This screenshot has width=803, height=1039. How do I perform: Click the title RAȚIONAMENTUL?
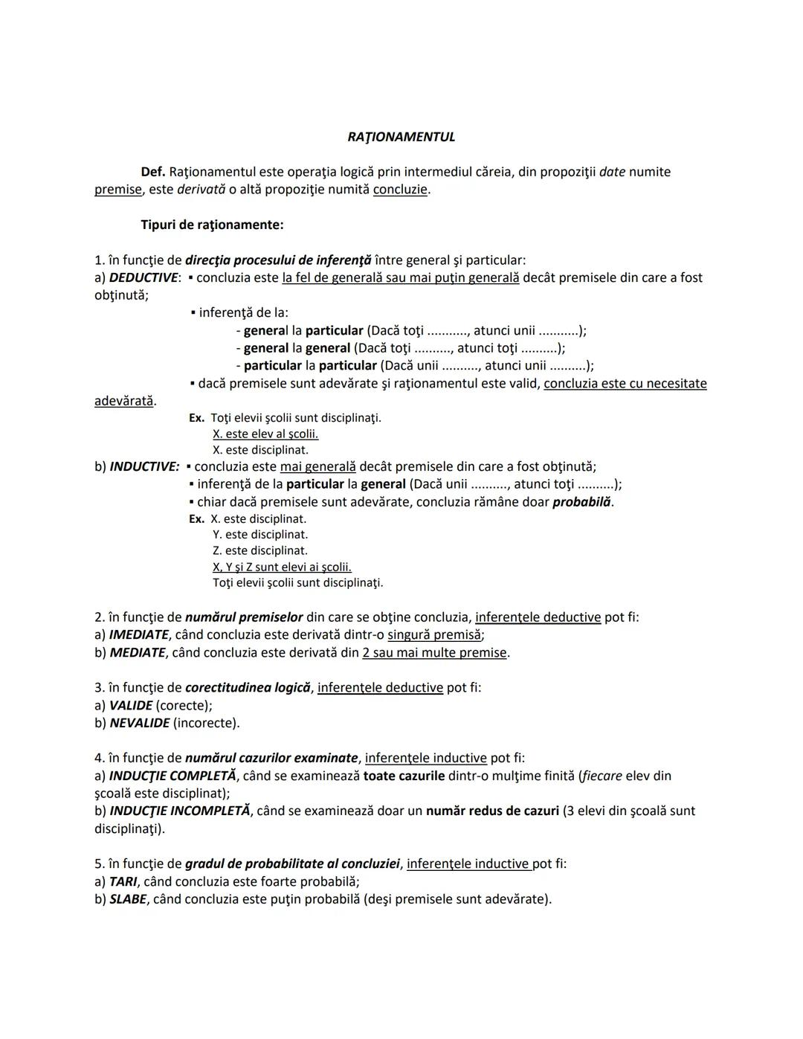pyautogui.click(x=401, y=137)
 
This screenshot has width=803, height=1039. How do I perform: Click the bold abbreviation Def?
pyautogui.click(x=152, y=172)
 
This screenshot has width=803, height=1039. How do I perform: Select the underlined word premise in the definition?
pyautogui.click(x=117, y=190)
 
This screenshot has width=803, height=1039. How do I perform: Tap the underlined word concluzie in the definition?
pyautogui.click(x=400, y=190)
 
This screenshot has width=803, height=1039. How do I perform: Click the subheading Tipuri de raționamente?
pyautogui.click(x=212, y=225)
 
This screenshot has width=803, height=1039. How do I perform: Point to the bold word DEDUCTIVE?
pyautogui.click(x=143, y=277)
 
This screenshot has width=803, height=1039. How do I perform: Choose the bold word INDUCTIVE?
pyautogui.click(x=144, y=466)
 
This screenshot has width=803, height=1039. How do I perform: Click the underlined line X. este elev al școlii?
pyautogui.click(x=265, y=434)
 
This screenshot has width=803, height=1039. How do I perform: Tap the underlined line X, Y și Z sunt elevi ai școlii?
pyautogui.click(x=282, y=567)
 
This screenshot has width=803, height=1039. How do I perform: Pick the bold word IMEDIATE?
pyautogui.click(x=138, y=634)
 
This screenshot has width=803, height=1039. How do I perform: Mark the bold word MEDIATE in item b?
pyautogui.click(x=137, y=652)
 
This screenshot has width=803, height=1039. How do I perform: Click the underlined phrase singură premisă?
pyautogui.click(x=434, y=634)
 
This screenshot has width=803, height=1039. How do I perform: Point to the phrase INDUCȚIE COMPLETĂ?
pyautogui.click(x=172, y=776)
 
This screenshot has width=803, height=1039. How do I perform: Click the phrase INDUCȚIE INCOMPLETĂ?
pyautogui.click(x=179, y=811)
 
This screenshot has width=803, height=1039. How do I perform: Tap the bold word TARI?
pyautogui.click(x=123, y=881)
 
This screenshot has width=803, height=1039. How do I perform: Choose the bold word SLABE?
pyautogui.click(x=127, y=899)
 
